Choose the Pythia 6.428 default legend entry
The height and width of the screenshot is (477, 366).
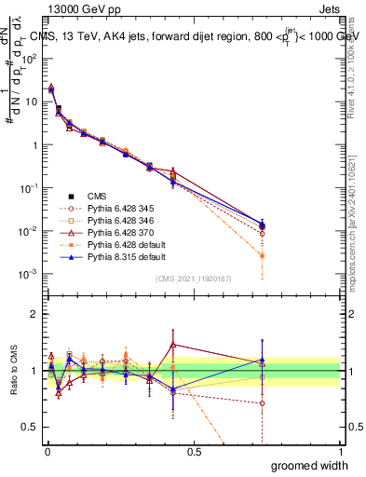tap(108, 245)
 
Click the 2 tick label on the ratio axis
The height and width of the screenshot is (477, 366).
tap(34, 314)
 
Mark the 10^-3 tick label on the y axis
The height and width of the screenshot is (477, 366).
tap(28, 274)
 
